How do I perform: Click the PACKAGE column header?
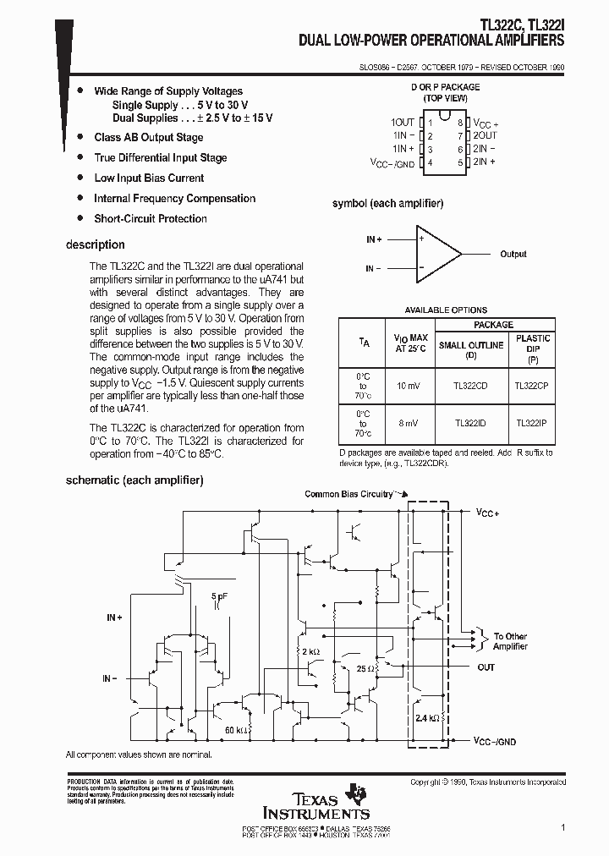click(x=494, y=325)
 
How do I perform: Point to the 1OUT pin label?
click(x=403, y=123)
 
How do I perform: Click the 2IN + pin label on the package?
click(x=484, y=162)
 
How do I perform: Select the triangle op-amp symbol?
click(x=437, y=254)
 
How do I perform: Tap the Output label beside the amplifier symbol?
click(x=513, y=254)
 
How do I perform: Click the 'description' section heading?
click(x=95, y=245)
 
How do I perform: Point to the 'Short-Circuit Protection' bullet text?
click(x=151, y=218)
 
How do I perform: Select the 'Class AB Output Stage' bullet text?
click(x=149, y=137)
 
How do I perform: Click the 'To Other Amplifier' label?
click(x=510, y=641)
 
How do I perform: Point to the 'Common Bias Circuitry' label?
click(x=348, y=494)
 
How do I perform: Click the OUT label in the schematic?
click(x=486, y=667)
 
